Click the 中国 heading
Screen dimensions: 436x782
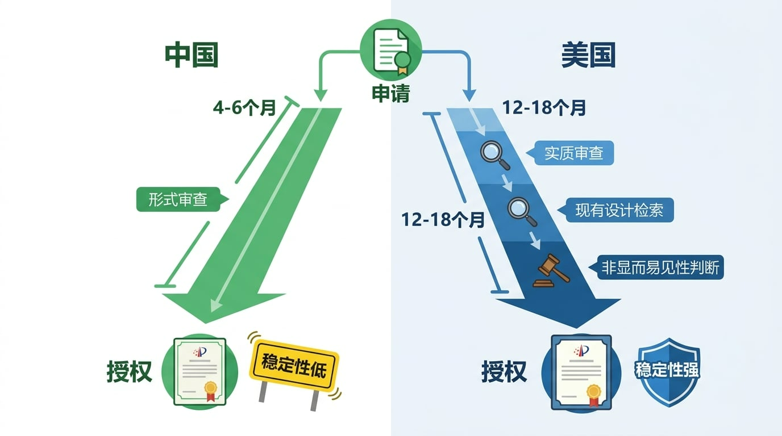(x=192, y=56)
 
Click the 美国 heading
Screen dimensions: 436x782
(x=588, y=56)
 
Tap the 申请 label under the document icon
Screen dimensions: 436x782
(x=390, y=93)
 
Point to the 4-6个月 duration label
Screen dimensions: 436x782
(x=244, y=107)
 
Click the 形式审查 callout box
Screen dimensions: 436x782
(x=178, y=199)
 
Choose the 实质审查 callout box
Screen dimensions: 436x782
(x=573, y=153)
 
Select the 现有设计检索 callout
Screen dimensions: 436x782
(x=619, y=211)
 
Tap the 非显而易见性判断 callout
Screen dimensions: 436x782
(x=662, y=267)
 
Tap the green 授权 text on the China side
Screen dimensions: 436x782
(x=130, y=372)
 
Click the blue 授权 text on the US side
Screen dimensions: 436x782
(x=504, y=372)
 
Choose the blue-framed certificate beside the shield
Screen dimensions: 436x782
(x=581, y=372)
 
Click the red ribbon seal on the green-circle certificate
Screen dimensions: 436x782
(x=210, y=390)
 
